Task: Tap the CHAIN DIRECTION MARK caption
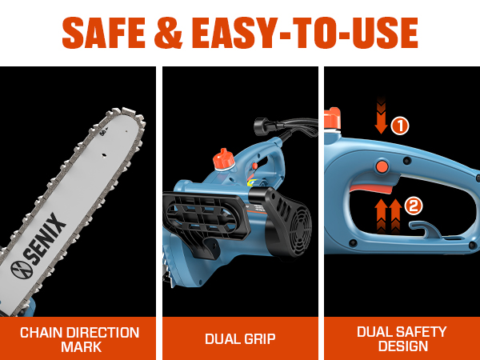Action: [x=79, y=339]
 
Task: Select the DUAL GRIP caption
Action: [x=240, y=339]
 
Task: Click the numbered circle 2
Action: [x=414, y=206]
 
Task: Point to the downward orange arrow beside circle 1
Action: [x=381, y=116]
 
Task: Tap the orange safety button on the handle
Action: [x=382, y=166]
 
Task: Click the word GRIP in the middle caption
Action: [x=258, y=339]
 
